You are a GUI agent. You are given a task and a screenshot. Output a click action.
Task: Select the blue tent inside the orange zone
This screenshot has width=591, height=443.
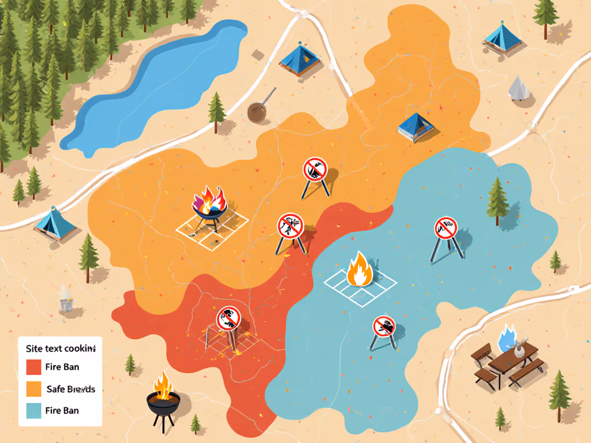(x=416, y=126)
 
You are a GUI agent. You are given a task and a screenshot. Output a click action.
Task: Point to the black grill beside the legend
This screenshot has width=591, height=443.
(x=163, y=398)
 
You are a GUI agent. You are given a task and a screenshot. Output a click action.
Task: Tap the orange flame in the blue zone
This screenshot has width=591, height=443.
(x=359, y=269)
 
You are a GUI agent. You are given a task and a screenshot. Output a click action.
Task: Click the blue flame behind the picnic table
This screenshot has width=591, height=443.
(x=507, y=337)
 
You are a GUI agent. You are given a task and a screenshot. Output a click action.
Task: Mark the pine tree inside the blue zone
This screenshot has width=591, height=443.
(x=497, y=201)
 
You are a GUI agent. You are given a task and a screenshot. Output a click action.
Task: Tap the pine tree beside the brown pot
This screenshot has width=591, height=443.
(x=217, y=110)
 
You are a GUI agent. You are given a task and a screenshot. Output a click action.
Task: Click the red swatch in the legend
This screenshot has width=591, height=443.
(x=34, y=367)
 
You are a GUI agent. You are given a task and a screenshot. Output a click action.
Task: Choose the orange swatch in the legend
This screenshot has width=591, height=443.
(x=34, y=389)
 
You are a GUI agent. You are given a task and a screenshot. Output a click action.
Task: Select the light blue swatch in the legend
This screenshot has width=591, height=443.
(x=34, y=411)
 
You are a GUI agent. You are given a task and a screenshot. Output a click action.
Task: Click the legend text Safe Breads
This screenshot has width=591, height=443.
(x=70, y=389)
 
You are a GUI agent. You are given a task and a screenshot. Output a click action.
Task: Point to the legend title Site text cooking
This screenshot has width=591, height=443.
(x=61, y=348)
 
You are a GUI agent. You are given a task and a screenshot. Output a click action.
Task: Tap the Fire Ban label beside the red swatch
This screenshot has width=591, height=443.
(x=62, y=367)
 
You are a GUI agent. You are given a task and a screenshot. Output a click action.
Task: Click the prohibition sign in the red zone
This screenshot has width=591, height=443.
(x=228, y=318)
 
